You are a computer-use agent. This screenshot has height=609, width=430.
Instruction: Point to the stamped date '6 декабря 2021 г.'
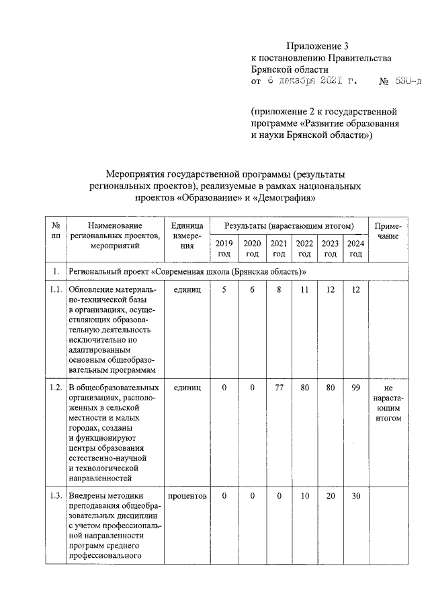coord(310,81)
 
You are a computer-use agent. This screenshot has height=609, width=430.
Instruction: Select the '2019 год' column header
coord(225,248)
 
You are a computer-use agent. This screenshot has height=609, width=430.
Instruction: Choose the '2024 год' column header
coord(356,248)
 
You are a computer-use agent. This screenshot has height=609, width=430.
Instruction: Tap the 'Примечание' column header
coord(388,231)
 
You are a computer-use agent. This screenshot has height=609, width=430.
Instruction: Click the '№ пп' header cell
coord(57,231)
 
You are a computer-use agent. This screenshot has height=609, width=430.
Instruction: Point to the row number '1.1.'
coord(57,289)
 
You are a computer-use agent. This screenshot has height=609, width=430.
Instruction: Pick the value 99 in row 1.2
coord(356,388)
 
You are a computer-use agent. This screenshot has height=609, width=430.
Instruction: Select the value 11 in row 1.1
coord(304,289)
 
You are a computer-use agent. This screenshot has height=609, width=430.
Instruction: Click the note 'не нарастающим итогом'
coord(388,403)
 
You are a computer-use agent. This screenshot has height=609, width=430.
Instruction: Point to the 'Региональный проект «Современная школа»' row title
coord(187,271)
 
